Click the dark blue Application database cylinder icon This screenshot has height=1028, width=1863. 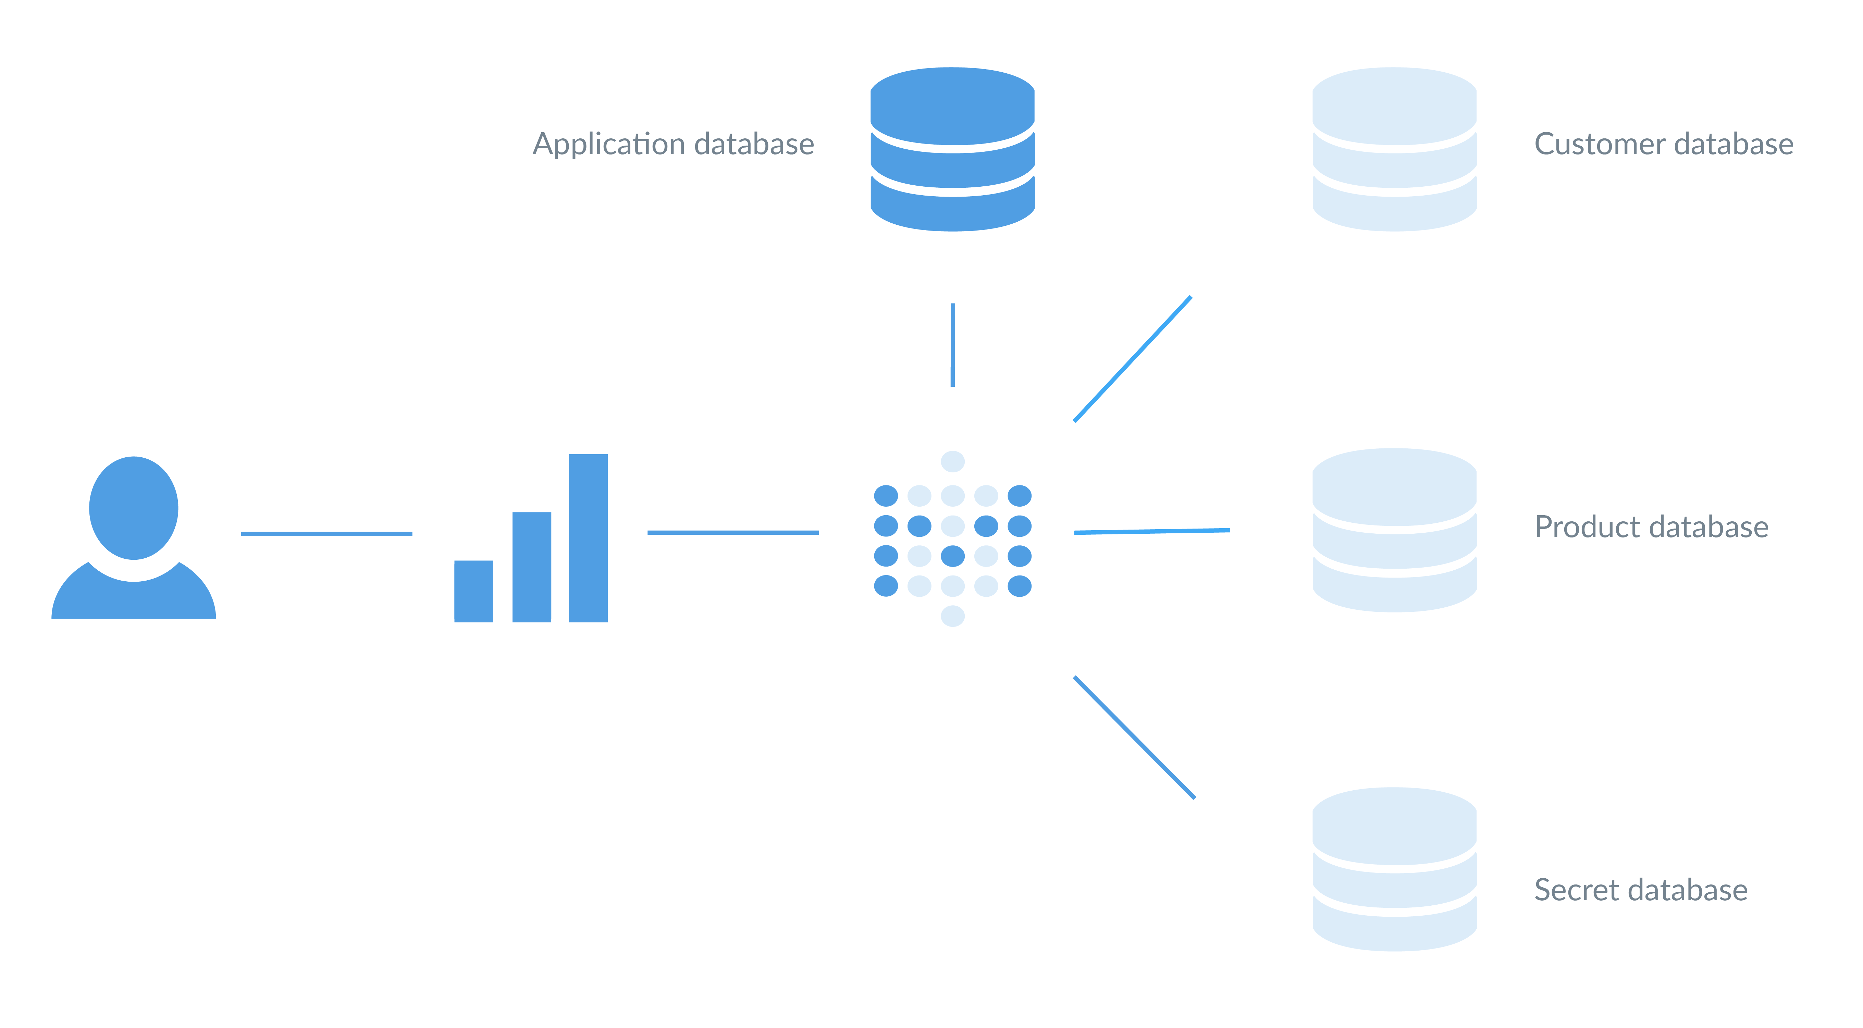pos(952,150)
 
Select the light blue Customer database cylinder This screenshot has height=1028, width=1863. pos(1394,150)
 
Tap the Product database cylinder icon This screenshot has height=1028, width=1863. pos(1394,530)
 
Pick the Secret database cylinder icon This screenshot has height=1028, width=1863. pos(1394,869)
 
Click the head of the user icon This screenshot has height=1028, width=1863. pos(134,508)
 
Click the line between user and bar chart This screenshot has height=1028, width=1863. pos(326,533)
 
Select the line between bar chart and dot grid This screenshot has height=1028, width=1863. pos(732,532)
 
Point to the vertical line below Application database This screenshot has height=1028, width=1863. pos(952,345)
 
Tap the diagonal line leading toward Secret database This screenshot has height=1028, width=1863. pos(1134,738)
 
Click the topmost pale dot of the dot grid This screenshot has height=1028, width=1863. pos(952,461)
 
